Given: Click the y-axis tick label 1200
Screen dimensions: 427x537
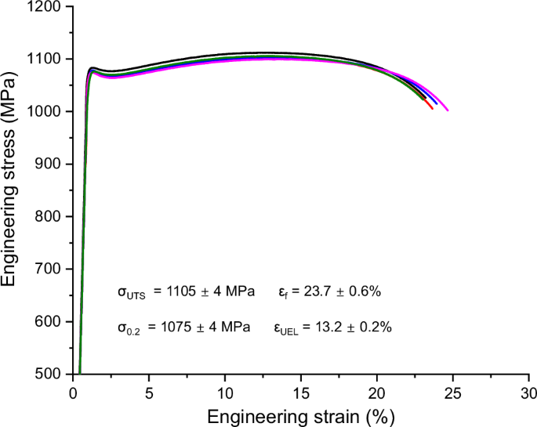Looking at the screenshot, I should coord(49,7).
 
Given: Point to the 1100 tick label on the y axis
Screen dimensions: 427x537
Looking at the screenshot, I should coord(49,60).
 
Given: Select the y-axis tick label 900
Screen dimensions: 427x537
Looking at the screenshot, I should coord(52,165).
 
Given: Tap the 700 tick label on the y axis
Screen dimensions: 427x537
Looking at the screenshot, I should coord(52,270).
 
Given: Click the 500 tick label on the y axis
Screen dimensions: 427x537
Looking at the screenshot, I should coord(52,375).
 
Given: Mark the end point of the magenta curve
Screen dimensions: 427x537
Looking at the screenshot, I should coord(448,110).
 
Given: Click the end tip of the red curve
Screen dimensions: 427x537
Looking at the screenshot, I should coord(432,108).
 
